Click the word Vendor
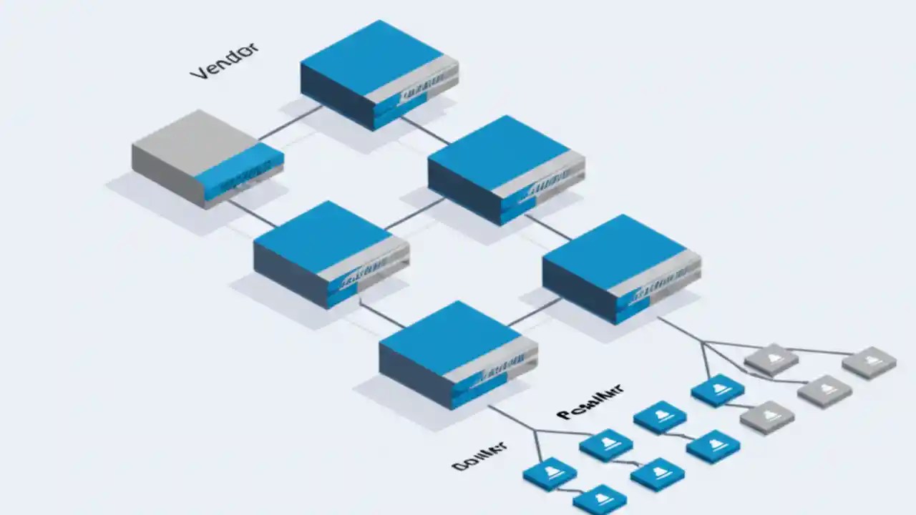pos(224,62)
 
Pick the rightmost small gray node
pos(869,362)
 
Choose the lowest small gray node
pos(766,417)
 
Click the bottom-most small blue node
pos(600,499)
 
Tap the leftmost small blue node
pos(550,474)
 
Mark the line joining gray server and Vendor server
pos(290,122)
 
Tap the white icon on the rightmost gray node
pos(869,359)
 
